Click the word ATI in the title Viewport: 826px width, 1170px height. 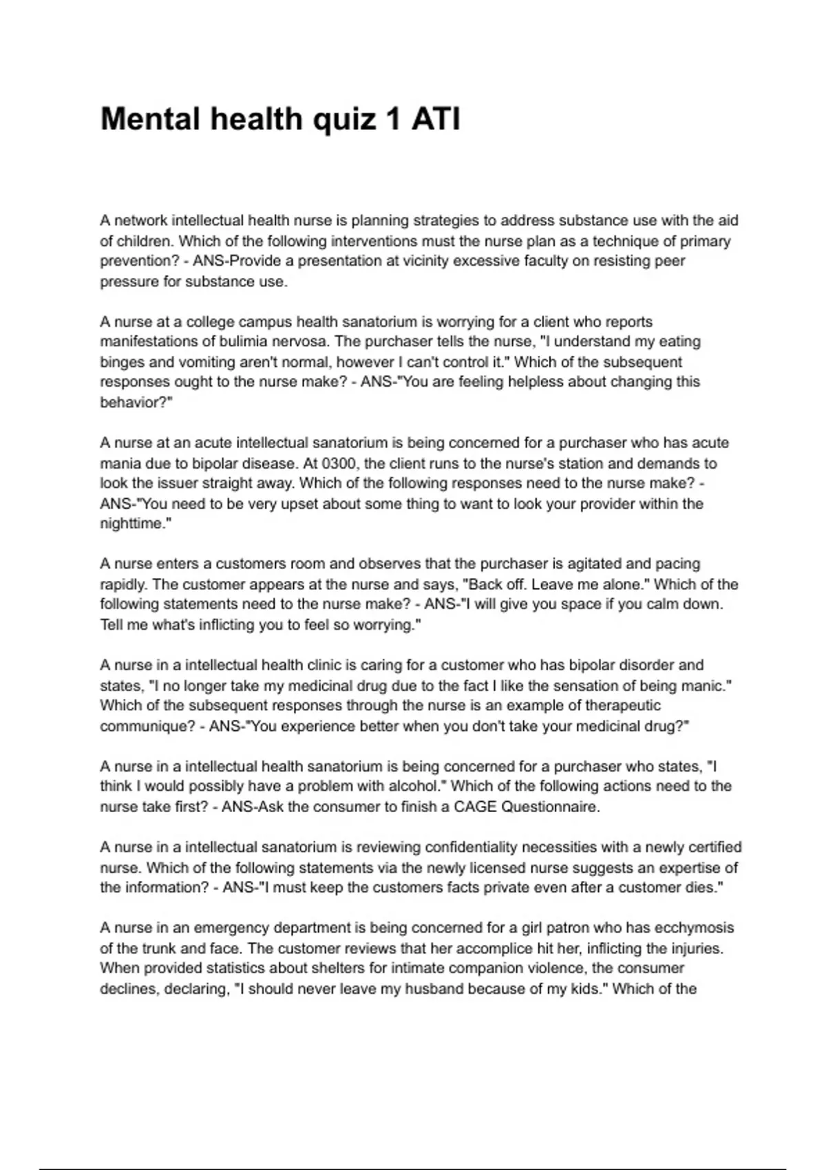tap(436, 119)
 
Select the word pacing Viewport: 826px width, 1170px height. tap(677, 564)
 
